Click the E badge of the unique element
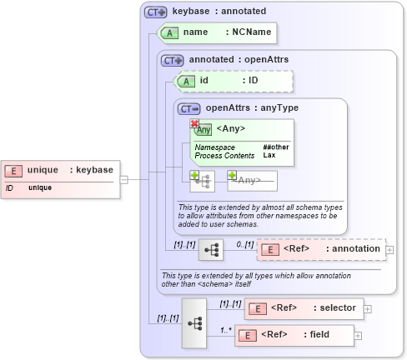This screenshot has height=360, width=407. click(13, 170)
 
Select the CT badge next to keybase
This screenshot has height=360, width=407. click(155, 12)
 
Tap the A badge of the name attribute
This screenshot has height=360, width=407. click(169, 32)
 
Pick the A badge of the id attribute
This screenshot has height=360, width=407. click(186, 81)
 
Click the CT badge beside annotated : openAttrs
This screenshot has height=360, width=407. click(173, 60)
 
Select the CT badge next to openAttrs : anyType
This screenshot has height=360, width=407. click(189, 107)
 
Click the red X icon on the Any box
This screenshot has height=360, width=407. click(195, 123)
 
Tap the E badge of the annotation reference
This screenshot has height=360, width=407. click(270, 248)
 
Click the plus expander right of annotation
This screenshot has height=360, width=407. click(389, 249)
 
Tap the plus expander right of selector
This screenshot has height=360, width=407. click(368, 309)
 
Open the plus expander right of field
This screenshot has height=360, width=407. click(359, 336)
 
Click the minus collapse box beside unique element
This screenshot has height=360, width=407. click(123, 178)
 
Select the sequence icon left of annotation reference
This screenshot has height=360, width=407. click(211, 249)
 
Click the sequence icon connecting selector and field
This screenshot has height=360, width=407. click(194, 322)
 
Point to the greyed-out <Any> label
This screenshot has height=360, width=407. click(249, 179)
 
